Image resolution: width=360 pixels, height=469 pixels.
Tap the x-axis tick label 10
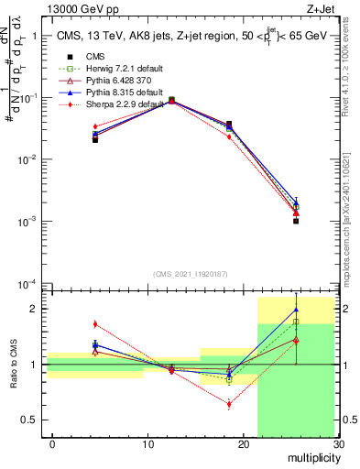coord(147,446)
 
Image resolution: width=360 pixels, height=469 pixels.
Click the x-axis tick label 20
coord(243,446)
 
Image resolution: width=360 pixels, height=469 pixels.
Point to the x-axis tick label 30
coord(337,446)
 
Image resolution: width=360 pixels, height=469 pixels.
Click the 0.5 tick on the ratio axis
coord(35,420)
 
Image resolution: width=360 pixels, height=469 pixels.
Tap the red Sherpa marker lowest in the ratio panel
coord(229,404)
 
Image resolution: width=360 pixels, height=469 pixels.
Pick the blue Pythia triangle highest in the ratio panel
coord(296,310)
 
